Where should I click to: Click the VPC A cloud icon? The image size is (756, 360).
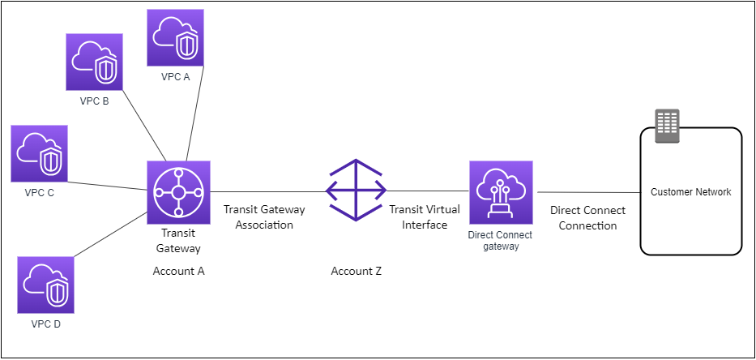[175, 37]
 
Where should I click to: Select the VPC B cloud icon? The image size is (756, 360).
[94, 62]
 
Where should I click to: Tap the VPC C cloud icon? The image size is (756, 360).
[39, 153]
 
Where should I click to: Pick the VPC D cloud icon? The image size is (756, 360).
[45, 285]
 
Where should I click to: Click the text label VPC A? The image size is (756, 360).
[175, 77]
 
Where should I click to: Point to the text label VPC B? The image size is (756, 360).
[94, 101]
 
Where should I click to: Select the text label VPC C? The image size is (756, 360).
[39, 193]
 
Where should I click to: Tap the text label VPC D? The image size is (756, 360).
[45, 324]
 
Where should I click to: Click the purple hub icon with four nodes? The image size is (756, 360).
[178, 192]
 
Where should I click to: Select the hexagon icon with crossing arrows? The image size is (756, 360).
[356, 191]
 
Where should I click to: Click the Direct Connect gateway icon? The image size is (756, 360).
[501, 192]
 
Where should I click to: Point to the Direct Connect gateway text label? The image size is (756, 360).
[500, 241]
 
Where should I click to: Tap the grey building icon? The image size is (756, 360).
[667, 126]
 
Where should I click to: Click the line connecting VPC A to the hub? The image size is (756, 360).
[194, 114]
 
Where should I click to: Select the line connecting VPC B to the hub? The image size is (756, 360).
[144, 126]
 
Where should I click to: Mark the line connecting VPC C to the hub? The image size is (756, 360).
[107, 186]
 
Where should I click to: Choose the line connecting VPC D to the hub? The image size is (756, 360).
[110, 234]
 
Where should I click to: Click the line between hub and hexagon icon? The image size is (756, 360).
[267, 192]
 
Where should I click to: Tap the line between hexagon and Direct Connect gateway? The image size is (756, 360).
[428, 191]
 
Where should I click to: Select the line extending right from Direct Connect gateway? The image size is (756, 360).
[587, 192]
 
